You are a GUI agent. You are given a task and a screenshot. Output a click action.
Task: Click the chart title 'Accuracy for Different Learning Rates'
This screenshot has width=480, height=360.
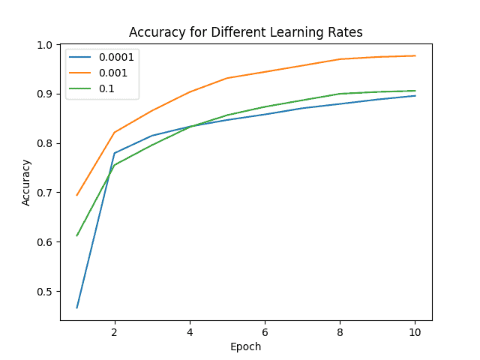pos(246,32)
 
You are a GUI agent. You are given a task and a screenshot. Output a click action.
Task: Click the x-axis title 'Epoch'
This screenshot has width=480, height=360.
pos(246,346)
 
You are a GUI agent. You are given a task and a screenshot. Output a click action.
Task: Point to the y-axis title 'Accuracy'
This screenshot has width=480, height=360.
pos(26,182)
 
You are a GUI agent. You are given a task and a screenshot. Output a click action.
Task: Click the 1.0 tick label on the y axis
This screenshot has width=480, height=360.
pos(44,45)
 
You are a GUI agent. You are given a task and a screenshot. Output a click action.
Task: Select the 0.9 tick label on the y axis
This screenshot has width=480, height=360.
pos(44,94)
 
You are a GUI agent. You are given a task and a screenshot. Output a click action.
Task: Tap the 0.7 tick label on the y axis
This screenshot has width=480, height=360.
pos(44,193)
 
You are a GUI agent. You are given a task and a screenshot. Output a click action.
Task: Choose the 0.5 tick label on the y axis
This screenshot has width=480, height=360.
pos(44,292)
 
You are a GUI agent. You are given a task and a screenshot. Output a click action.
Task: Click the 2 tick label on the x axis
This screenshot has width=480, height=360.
pos(115,331)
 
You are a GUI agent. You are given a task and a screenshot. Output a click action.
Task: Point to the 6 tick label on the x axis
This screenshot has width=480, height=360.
pos(265,331)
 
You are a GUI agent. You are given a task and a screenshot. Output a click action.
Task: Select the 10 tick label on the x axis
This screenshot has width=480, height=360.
pos(415,331)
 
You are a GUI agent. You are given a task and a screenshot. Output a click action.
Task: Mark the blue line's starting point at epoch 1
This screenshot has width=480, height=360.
pos(77,307)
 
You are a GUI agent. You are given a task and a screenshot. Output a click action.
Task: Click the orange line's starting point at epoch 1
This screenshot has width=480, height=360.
pos(77,196)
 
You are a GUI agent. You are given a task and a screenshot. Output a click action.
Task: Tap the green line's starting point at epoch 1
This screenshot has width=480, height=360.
pos(77,235)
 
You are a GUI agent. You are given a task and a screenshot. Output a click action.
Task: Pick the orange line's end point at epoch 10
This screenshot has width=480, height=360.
pos(415,55)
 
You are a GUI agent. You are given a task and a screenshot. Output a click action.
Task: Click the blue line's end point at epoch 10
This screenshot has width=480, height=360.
pos(415,95)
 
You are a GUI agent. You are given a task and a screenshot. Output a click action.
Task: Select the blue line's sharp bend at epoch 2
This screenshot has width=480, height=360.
pos(115,153)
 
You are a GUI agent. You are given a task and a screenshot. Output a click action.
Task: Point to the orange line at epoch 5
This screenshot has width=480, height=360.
pos(227,78)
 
